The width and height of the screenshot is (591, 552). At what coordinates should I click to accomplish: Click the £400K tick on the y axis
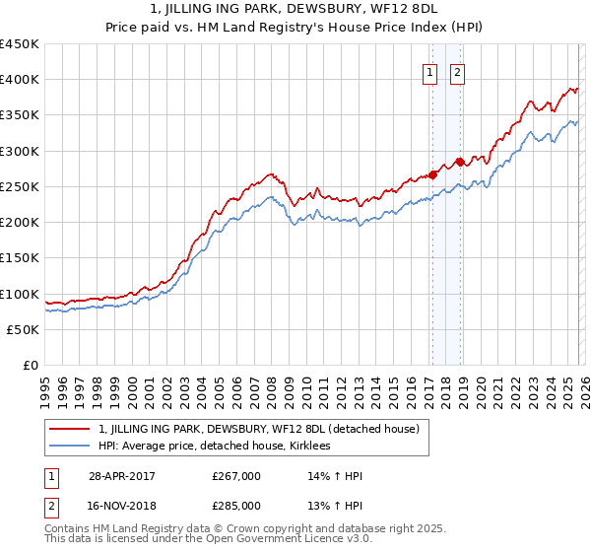[x=21, y=80]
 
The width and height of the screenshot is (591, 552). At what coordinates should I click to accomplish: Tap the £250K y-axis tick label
[x=21, y=186]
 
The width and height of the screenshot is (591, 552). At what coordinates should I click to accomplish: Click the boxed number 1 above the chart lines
[x=431, y=72]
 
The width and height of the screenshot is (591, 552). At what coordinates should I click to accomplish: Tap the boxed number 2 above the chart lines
[x=459, y=72]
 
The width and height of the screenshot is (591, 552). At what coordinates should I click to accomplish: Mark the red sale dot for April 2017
[x=432, y=174]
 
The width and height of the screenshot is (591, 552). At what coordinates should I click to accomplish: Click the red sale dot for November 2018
[x=460, y=162]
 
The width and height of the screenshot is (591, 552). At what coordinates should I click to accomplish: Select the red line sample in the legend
[x=71, y=429]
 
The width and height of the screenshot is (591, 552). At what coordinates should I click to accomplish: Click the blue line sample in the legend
[x=71, y=446]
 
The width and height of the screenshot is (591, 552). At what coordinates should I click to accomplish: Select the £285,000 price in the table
[x=236, y=505]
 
